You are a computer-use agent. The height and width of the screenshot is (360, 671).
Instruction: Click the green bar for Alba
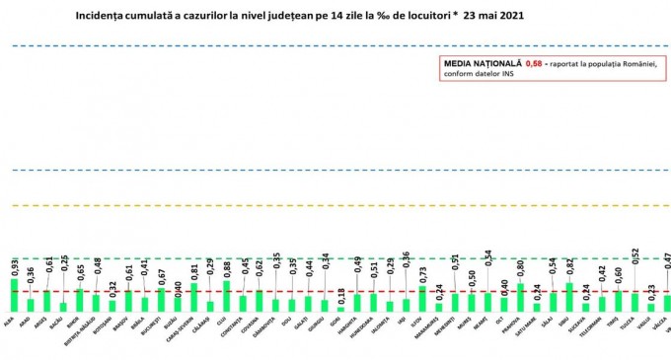click(x=14, y=295)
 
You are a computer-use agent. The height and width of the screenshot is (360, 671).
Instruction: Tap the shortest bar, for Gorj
click(x=340, y=308)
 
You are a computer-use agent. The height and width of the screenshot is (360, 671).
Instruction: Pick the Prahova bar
click(x=520, y=297)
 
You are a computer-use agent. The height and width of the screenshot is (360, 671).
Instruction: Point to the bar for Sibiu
click(x=568, y=297)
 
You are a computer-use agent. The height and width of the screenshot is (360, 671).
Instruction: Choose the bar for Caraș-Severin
click(x=193, y=297)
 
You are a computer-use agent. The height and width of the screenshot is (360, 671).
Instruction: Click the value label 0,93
click(x=15, y=266)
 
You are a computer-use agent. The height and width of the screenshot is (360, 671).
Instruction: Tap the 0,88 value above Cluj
click(x=227, y=268)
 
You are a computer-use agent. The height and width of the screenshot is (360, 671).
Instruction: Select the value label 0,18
click(x=341, y=295)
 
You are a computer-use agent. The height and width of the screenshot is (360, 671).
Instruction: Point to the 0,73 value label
click(x=423, y=274)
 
